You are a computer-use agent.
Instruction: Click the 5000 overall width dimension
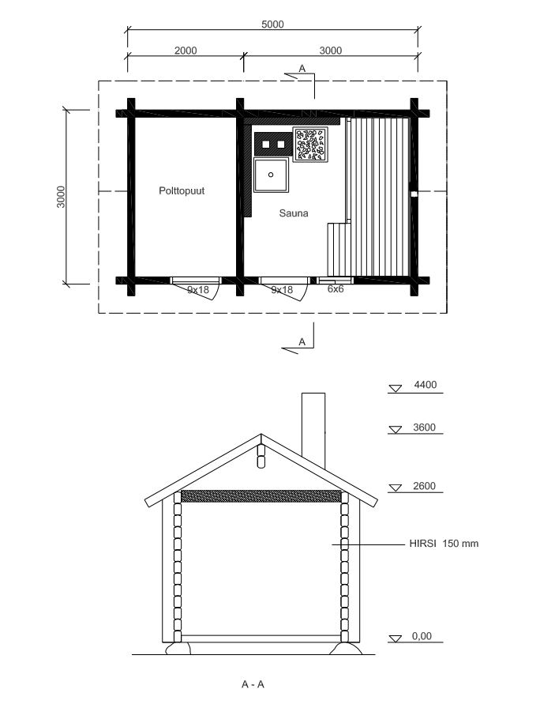[x=272, y=24]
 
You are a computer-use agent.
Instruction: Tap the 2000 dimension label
[x=186, y=51]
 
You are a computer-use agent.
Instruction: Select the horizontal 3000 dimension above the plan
[x=331, y=51]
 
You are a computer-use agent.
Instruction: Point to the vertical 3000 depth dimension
[x=61, y=197]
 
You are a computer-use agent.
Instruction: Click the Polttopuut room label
[x=182, y=190]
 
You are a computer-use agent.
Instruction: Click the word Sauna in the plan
[x=293, y=213]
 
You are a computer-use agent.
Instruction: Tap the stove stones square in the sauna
[x=310, y=145]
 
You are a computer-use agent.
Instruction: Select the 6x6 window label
[x=336, y=289]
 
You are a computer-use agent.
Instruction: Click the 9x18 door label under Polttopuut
[x=198, y=290]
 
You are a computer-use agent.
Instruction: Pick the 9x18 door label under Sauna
[x=282, y=290]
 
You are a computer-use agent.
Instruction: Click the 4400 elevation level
[x=425, y=385]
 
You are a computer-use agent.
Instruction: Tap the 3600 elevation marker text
[x=424, y=427]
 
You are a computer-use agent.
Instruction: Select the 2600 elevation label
[x=424, y=486]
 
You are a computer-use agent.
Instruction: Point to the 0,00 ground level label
[x=422, y=636]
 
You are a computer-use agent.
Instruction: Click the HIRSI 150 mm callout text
[x=444, y=543]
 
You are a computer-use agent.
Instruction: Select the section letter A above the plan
[x=302, y=68]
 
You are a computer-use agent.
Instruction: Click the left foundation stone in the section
[x=178, y=649]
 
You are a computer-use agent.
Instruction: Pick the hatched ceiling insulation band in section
[x=261, y=496]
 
